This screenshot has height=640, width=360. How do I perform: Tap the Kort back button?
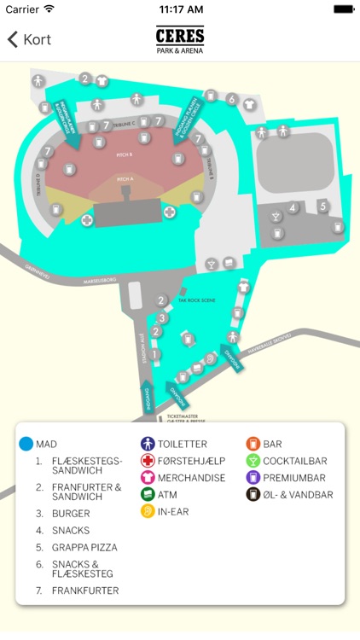point(29,39)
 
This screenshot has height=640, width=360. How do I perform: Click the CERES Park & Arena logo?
point(179,39)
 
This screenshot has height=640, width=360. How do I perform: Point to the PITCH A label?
point(125,179)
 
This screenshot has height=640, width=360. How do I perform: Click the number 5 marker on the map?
point(322,206)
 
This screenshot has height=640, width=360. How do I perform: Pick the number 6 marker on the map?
point(231,99)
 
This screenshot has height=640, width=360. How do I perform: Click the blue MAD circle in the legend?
point(26,444)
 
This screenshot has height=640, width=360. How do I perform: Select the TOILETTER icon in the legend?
point(148,444)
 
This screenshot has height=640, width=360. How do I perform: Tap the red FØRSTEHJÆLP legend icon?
point(148,461)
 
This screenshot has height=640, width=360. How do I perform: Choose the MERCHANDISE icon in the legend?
point(148,478)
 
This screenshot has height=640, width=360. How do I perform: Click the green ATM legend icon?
point(148,494)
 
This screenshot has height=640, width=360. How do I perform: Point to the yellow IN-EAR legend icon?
point(148,511)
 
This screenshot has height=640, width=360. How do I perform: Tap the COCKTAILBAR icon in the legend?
point(253,461)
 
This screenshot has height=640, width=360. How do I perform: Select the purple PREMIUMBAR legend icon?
point(253,478)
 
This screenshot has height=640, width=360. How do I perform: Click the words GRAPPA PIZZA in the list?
point(84,547)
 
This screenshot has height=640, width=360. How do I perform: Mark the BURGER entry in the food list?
point(70,514)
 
